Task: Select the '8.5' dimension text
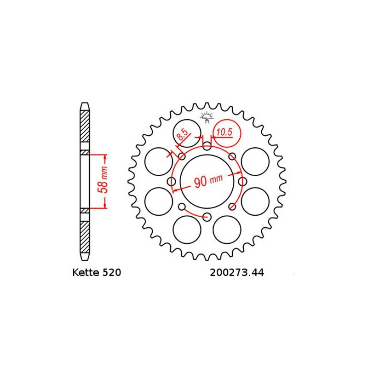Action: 183,135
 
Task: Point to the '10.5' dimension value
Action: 224,132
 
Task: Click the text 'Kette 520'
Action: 97,273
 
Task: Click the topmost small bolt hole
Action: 207,147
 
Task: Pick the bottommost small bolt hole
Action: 207,216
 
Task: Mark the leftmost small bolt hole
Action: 172,182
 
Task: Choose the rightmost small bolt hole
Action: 241,182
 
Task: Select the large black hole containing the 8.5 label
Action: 186,134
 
